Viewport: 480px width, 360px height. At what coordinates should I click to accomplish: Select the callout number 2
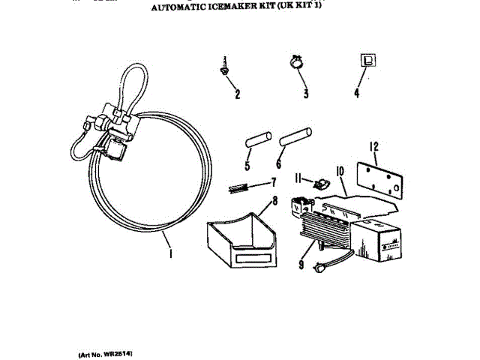(238, 94)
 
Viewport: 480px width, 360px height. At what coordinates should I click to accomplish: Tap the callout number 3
(306, 94)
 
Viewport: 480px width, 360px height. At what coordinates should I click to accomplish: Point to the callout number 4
(357, 94)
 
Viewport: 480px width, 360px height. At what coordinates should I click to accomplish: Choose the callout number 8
(275, 201)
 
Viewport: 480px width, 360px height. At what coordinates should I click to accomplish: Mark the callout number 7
(274, 182)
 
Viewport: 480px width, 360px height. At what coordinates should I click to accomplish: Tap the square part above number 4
(367, 61)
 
